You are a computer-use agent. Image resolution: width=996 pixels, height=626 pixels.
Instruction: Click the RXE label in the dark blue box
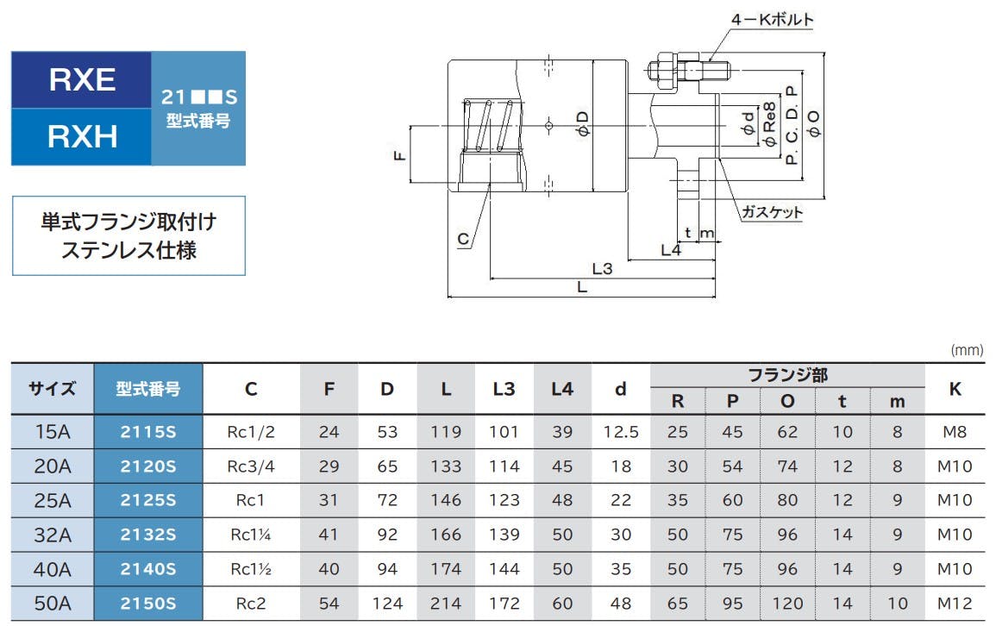coord(82,79)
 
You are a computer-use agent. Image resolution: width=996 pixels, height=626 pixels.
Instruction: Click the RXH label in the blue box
coord(83,136)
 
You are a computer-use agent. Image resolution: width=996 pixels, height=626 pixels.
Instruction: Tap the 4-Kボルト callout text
coord(772,20)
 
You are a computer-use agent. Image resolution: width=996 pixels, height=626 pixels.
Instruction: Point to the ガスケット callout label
coord(772,212)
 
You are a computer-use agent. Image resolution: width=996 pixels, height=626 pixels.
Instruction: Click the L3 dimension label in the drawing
coord(602,268)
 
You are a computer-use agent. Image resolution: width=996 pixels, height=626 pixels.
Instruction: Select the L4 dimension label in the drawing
coord(671,250)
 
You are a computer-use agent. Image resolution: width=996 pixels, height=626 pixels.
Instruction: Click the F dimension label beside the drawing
coord(399,155)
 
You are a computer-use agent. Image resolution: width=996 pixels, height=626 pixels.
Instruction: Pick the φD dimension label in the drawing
coord(582,124)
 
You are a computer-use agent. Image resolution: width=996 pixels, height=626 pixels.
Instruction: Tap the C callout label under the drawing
coord(463,240)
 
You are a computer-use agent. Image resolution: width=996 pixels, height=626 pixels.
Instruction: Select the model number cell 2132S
coord(148,535)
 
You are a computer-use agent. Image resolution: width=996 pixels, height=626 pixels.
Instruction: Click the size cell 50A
coord(52,603)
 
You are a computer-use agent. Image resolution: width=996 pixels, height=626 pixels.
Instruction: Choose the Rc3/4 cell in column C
coord(251,466)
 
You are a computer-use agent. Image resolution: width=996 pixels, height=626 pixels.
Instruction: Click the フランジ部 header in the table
coord(787,375)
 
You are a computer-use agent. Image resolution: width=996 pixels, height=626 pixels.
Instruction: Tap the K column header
coord(955,389)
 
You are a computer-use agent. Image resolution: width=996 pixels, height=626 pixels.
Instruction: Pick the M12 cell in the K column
coord(955,603)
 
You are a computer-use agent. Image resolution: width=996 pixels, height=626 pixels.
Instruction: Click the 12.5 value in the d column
coord(621,432)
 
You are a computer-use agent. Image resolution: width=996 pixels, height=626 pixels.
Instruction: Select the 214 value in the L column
coord(446,603)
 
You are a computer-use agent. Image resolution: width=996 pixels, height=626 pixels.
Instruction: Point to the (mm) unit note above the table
coord(967,350)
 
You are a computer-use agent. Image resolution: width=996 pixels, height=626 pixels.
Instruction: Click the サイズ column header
coord(52,389)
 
